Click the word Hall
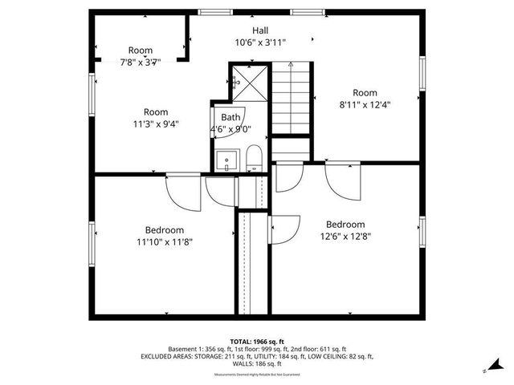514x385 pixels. pos(260,30)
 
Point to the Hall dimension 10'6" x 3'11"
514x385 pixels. pos(260,43)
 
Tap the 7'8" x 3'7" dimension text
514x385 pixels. pos(141,62)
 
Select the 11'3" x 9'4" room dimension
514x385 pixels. pos(156,124)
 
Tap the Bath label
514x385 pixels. pos(230,117)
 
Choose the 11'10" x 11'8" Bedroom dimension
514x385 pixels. pos(164,241)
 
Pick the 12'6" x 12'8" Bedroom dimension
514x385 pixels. pos(345,236)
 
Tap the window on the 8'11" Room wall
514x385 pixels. pos(422,80)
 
